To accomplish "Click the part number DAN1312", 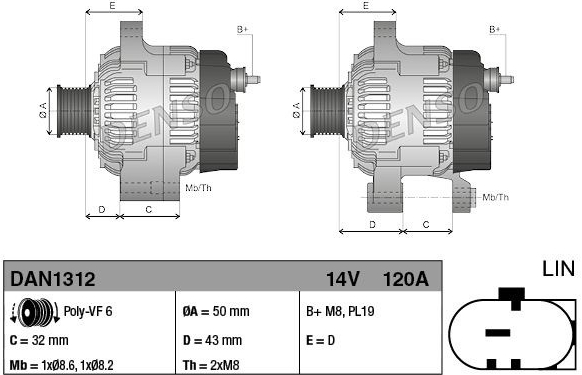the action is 53,279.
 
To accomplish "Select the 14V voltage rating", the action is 343,279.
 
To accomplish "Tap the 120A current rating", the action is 406,279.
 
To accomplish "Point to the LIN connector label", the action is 559,269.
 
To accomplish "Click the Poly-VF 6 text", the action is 88,311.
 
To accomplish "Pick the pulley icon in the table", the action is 35,313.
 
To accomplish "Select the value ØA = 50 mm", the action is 216,311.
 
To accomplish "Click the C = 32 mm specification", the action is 39,340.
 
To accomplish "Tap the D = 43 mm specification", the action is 212,340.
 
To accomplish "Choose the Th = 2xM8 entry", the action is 211,365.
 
